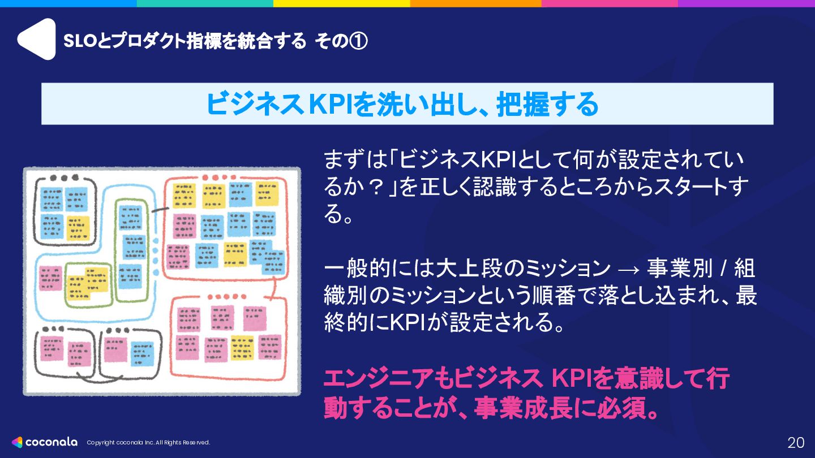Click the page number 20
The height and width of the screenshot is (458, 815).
tap(796, 442)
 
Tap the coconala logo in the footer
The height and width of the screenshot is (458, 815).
tap(45, 442)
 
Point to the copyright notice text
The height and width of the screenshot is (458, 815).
tap(148, 443)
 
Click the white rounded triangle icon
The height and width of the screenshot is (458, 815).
tap(36, 39)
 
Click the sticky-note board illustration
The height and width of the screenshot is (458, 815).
tap(162, 281)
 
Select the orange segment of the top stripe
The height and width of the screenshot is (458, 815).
tap(475, 3)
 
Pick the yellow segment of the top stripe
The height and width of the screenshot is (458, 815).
tap(341, 3)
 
